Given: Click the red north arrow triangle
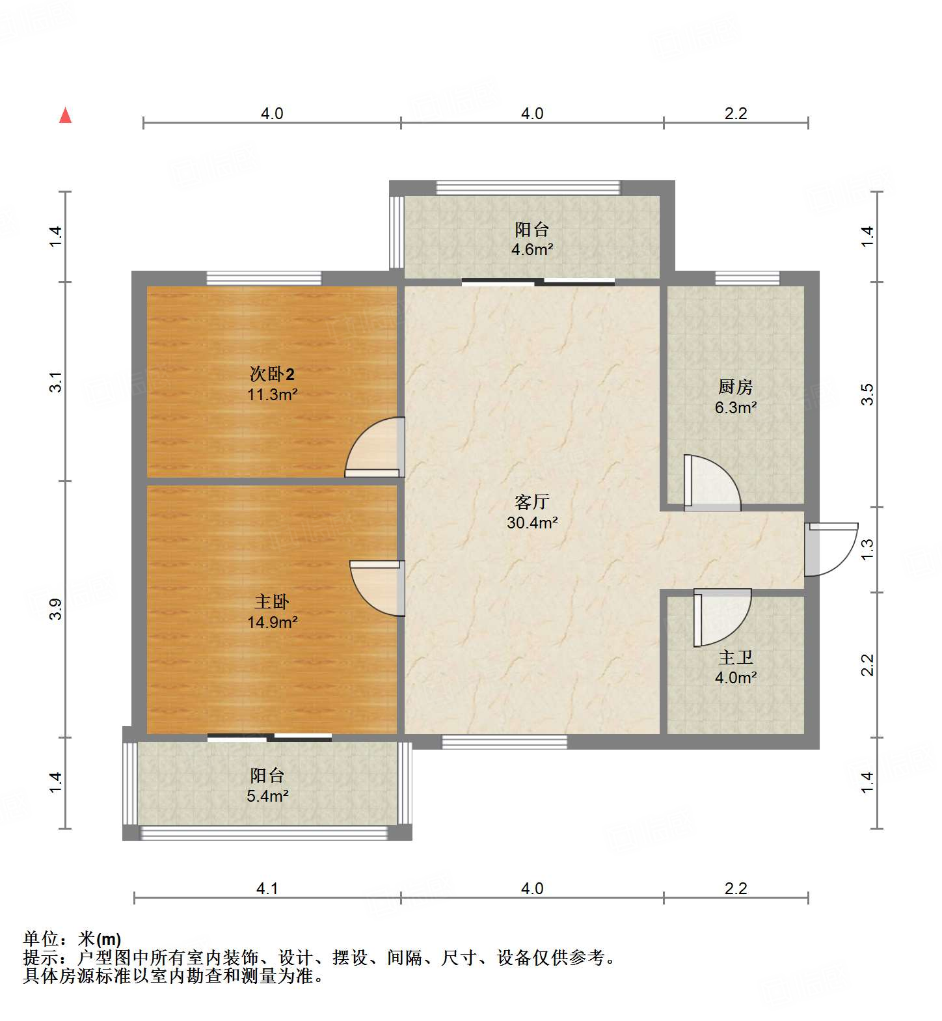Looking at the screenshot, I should [x=65, y=115].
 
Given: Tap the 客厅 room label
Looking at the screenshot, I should [x=532, y=502].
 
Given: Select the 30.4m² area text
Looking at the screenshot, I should [x=532, y=523].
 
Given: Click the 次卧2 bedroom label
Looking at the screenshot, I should [x=272, y=374].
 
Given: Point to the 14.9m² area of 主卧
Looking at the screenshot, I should [x=272, y=623].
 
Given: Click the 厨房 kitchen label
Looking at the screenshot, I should [x=735, y=387].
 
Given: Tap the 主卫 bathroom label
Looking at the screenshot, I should [x=735, y=658].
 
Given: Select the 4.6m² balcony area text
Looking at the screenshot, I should [x=532, y=250].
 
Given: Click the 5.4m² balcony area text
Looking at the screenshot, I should [x=267, y=796].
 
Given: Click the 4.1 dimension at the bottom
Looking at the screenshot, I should [x=267, y=889].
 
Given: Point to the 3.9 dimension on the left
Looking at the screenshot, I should [x=56, y=609].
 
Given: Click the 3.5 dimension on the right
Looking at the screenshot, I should [x=867, y=394].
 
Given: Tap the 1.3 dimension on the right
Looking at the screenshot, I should [x=867, y=550].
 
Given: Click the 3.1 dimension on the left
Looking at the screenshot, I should [x=56, y=382].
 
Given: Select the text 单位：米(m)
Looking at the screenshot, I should [x=72, y=939].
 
